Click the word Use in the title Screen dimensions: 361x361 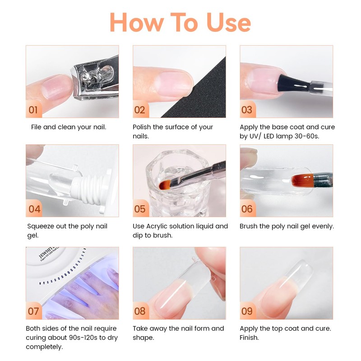(x=229, y=22)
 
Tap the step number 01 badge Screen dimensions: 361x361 (x=33, y=110)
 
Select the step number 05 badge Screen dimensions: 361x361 (x=140, y=208)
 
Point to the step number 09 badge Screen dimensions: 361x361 (x=247, y=311)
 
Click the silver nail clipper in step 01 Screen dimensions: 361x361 (x=96, y=78)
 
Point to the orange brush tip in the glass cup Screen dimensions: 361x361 (x=165, y=185)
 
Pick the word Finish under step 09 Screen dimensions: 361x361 (x=249, y=338)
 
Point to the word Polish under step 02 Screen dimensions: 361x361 (x=142, y=127)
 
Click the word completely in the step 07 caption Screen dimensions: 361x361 (x=44, y=347)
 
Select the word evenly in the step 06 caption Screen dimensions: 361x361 (x=323, y=227)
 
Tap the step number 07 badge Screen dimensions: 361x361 (x=33, y=311)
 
